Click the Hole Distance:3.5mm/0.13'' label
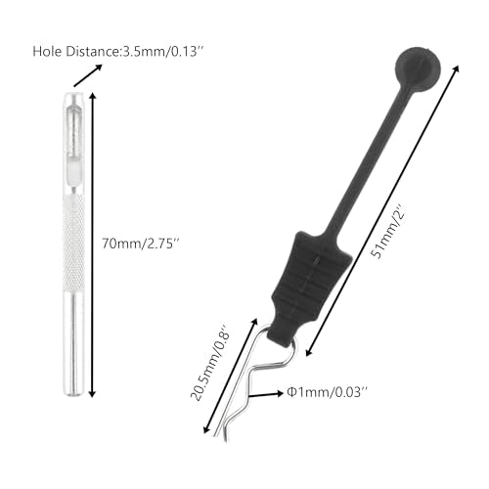coord(119,52)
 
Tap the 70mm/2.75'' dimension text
coord(141,244)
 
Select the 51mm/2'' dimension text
coord(388,232)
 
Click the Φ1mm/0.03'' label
coord(327,392)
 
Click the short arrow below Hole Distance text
coord(88,75)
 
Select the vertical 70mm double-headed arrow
coord(93,244)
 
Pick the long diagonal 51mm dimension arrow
coord(382,210)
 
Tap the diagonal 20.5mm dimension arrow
coord(230,377)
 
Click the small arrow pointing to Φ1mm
coord(266,395)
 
